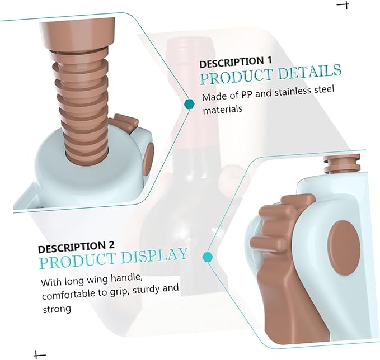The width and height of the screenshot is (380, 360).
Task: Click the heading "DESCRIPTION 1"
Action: (235, 62)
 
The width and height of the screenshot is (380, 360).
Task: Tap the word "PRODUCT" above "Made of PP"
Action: (237, 77)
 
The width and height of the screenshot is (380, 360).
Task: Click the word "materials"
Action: (223, 110)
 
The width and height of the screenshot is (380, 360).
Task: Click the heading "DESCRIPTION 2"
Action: (76, 247)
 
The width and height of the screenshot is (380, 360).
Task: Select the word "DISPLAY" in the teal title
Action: (154, 255)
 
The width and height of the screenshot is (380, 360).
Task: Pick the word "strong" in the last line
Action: (57, 309)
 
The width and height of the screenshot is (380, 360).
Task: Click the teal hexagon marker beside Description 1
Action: (189, 104)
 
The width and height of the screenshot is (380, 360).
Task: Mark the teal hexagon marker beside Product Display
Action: (208, 257)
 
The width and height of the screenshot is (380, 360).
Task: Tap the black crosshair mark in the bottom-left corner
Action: (37, 355)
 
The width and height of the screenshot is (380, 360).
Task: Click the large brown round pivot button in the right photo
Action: (344, 248)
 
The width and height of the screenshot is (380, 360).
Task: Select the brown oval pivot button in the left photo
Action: (148, 159)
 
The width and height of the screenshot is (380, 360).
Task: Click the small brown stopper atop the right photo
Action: (342, 164)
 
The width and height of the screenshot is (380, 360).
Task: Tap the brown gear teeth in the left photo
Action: (124, 122)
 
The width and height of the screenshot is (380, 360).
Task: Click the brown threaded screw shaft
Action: (82, 107)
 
